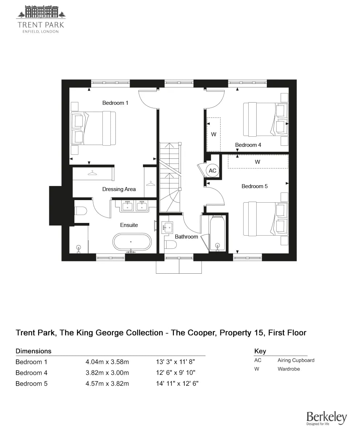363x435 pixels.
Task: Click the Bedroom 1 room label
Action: click(x=115, y=103)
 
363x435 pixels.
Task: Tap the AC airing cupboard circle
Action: click(x=212, y=171)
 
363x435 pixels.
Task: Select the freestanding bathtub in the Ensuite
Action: click(x=132, y=242)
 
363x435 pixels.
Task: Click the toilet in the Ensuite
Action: click(x=81, y=211)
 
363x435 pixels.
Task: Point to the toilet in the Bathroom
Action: click(x=171, y=245)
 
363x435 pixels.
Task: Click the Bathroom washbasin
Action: click(x=167, y=227)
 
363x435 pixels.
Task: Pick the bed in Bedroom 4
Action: click(x=266, y=119)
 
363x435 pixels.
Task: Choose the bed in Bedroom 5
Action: click(x=266, y=219)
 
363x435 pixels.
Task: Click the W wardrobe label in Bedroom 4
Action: click(x=214, y=134)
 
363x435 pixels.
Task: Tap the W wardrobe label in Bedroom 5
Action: click(x=257, y=162)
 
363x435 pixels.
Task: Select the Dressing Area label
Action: click(x=119, y=189)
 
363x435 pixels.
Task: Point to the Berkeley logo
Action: click(x=326, y=418)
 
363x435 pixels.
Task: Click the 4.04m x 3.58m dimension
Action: click(x=107, y=362)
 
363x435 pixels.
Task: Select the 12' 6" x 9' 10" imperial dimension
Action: click(x=176, y=373)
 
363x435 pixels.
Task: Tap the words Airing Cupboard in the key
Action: click(x=296, y=360)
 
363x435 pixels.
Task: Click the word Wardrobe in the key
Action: click(x=289, y=369)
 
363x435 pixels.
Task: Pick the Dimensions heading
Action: click(x=33, y=351)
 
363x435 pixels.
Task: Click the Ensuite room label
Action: click(x=129, y=225)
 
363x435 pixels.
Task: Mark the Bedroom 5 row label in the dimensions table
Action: click(x=32, y=384)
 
